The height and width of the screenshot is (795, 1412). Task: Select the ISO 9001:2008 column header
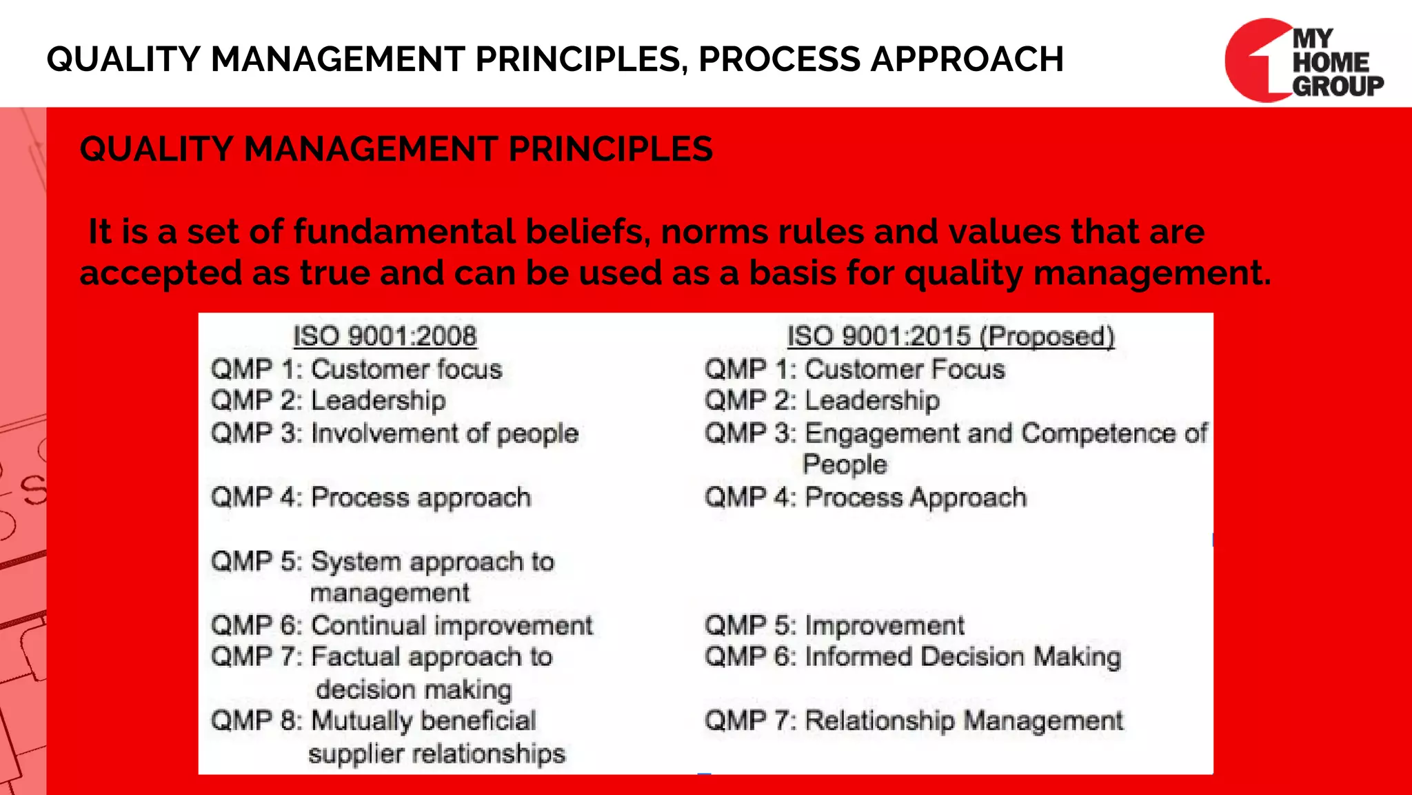click(385, 336)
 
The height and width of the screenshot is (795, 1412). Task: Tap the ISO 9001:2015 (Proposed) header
click(951, 336)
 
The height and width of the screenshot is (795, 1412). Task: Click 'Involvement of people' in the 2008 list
click(445, 433)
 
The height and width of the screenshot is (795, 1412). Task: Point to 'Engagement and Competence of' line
click(1005, 433)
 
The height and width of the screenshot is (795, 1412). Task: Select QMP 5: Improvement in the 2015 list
click(834, 625)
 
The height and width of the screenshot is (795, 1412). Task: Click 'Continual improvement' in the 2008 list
click(452, 625)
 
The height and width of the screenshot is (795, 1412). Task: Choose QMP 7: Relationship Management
click(914, 720)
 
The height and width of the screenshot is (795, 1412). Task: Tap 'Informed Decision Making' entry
click(962, 656)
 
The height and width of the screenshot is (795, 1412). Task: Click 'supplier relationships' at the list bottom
click(436, 753)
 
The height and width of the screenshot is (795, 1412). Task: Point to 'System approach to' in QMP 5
click(432, 561)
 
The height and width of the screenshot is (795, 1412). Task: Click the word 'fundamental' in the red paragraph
click(404, 231)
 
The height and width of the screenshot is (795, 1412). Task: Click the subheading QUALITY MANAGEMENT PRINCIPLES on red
click(396, 149)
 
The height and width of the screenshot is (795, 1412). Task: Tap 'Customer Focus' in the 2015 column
click(905, 369)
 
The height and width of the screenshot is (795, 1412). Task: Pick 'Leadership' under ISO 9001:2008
click(378, 400)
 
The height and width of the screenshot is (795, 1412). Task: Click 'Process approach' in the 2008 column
click(421, 498)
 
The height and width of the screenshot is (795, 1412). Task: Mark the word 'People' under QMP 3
click(845, 464)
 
